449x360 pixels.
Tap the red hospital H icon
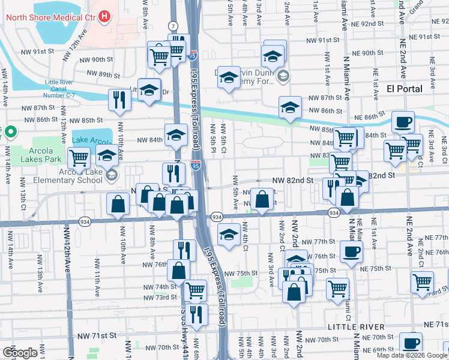tap(105, 16)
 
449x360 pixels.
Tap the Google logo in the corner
tap(20, 352)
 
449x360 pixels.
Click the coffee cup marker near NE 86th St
tap(403, 122)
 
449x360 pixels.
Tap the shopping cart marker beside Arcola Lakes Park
tap(79, 158)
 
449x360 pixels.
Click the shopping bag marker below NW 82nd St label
tap(262, 199)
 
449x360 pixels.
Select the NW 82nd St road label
tap(293, 180)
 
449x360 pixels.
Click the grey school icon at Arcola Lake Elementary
tap(111, 175)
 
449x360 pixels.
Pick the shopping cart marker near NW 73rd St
tap(196, 290)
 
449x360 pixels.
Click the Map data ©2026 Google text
tap(412, 355)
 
